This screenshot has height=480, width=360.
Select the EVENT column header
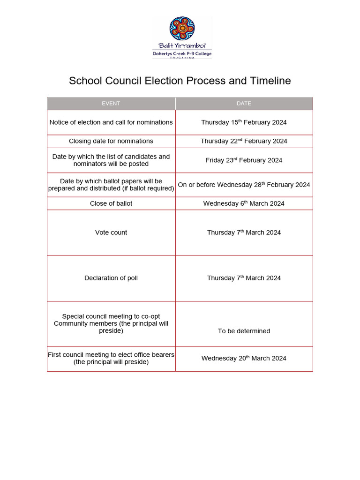tap(111, 104)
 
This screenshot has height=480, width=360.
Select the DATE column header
tap(244, 104)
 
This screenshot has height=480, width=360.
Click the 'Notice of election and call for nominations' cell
tap(111, 122)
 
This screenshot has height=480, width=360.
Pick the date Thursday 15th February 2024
tap(244, 122)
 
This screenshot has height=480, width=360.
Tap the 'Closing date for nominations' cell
tap(111, 141)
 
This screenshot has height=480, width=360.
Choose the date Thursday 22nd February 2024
tap(244, 141)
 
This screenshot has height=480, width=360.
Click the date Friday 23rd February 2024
tap(244, 160)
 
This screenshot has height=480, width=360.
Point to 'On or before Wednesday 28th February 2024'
tap(244, 185)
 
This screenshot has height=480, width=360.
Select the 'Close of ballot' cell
tap(111, 203)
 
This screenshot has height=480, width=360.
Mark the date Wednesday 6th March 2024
tap(244, 203)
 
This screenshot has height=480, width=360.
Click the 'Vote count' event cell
tap(111, 232)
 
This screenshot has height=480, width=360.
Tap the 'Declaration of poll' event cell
tap(111, 278)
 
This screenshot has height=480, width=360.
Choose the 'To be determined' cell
tap(244, 331)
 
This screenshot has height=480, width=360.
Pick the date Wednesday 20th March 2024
tap(244, 358)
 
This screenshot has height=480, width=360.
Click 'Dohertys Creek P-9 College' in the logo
tap(182, 54)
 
